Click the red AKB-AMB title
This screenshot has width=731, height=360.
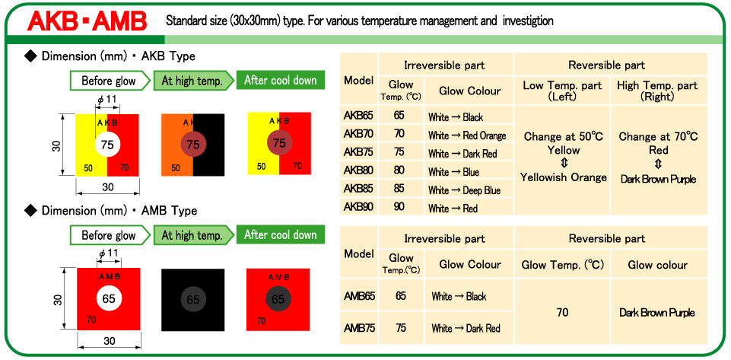click(x=87, y=21)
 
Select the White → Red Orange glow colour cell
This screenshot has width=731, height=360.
click(x=467, y=135)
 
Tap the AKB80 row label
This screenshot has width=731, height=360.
click(x=358, y=170)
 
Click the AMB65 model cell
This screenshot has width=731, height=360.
click(x=359, y=295)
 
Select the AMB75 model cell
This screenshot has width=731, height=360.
click(x=359, y=328)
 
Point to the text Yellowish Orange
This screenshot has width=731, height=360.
click(x=564, y=177)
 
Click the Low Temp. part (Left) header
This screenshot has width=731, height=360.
click(x=562, y=91)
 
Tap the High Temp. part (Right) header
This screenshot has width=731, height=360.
click(x=657, y=91)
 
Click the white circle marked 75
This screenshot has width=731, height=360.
click(x=108, y=145)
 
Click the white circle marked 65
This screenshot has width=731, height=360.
click(x=109, y=298)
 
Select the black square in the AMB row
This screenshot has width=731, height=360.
click(x=193, y=299)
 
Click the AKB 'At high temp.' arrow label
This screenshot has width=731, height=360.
click(x=193, y=81)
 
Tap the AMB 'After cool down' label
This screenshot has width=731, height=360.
click(x=281, y=234)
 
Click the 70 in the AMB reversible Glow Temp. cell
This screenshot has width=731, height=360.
click(x=562, y=312)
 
